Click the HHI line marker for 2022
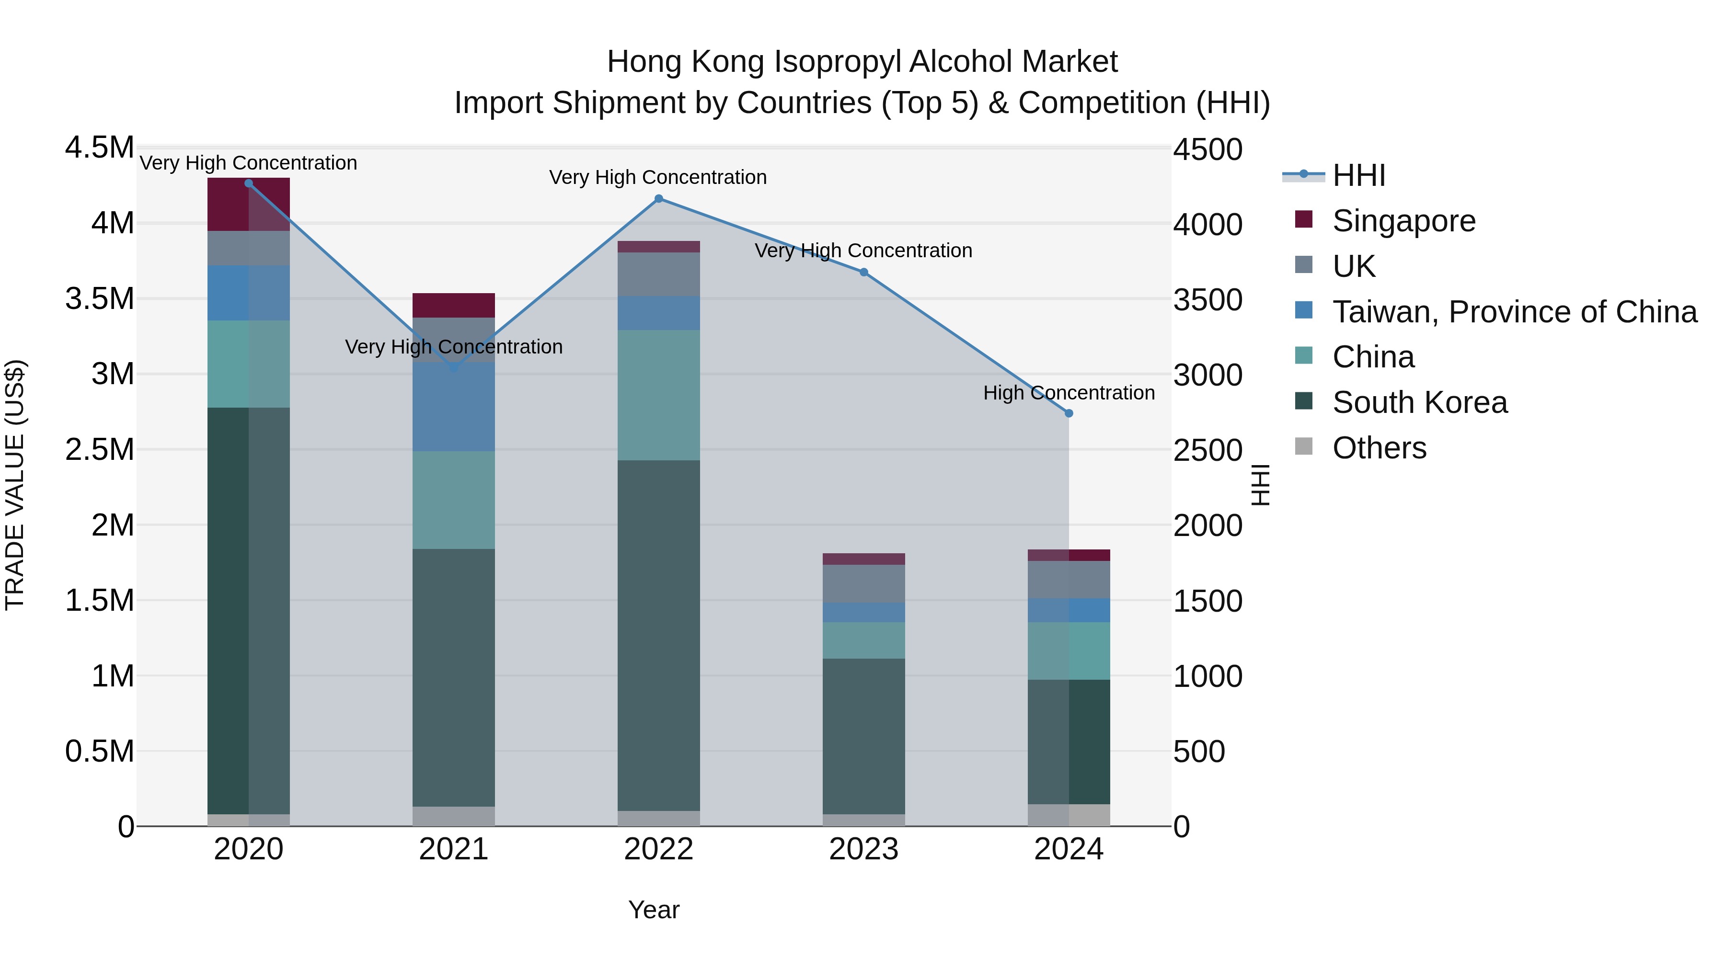(x=658, y=199)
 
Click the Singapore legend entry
(x=1403, y=221)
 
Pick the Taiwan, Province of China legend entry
(x=1514, y=312)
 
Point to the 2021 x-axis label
(x=453, y=849)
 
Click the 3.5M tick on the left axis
(x=99, y=298)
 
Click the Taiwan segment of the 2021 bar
(x=453, y=407)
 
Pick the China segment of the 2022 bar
(x=658, y=395)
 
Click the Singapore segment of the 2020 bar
(x=248, y=204)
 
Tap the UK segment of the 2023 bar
(x=864, y=584)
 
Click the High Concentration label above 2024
(x=1069, y=393)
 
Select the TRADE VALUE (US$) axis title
(x=15, y=485)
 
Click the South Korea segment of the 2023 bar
(x=864, y=736)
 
